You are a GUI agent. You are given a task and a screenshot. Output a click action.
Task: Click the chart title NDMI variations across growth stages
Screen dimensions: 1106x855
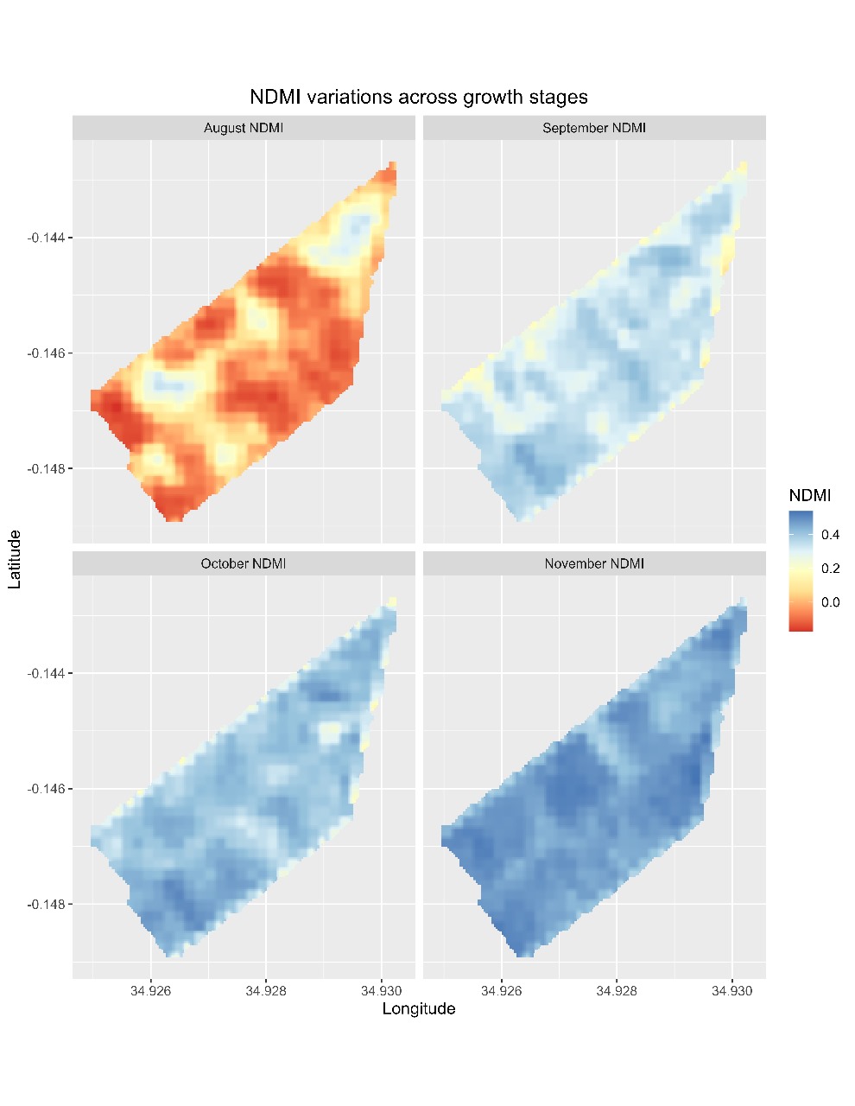coord(418,97)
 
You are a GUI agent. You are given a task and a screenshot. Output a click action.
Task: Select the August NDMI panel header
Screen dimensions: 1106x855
coord(244,128)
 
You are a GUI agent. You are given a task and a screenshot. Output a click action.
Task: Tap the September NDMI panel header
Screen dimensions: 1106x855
coord(594,128)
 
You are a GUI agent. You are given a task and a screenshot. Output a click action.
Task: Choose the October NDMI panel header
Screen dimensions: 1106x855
coord(244,563)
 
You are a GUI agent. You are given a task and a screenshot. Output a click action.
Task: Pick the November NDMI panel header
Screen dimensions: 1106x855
coord(594,563)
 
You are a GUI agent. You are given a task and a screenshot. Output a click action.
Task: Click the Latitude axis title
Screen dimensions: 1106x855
coord(15,560)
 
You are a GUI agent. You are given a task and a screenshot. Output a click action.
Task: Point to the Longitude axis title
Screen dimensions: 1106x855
coord(419,1008)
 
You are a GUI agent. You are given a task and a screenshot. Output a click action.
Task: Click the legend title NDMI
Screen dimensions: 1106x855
coord(810,495)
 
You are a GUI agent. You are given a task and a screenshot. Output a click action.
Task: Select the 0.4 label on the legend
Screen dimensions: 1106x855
coord(830,535)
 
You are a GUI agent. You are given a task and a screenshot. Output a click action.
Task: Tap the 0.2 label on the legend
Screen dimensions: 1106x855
coord(830,569)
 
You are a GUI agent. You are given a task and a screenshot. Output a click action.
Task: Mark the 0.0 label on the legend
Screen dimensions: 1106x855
coord(830,602)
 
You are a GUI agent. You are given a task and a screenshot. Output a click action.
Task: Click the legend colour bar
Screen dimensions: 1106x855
coord(801,570)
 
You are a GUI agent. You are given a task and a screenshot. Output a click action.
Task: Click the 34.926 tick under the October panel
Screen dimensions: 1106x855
coord(151,990)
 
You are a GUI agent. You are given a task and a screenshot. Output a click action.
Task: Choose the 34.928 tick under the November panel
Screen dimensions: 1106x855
coord(617,990)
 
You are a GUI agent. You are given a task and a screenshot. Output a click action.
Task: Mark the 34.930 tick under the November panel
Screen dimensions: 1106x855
coord(732,990)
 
